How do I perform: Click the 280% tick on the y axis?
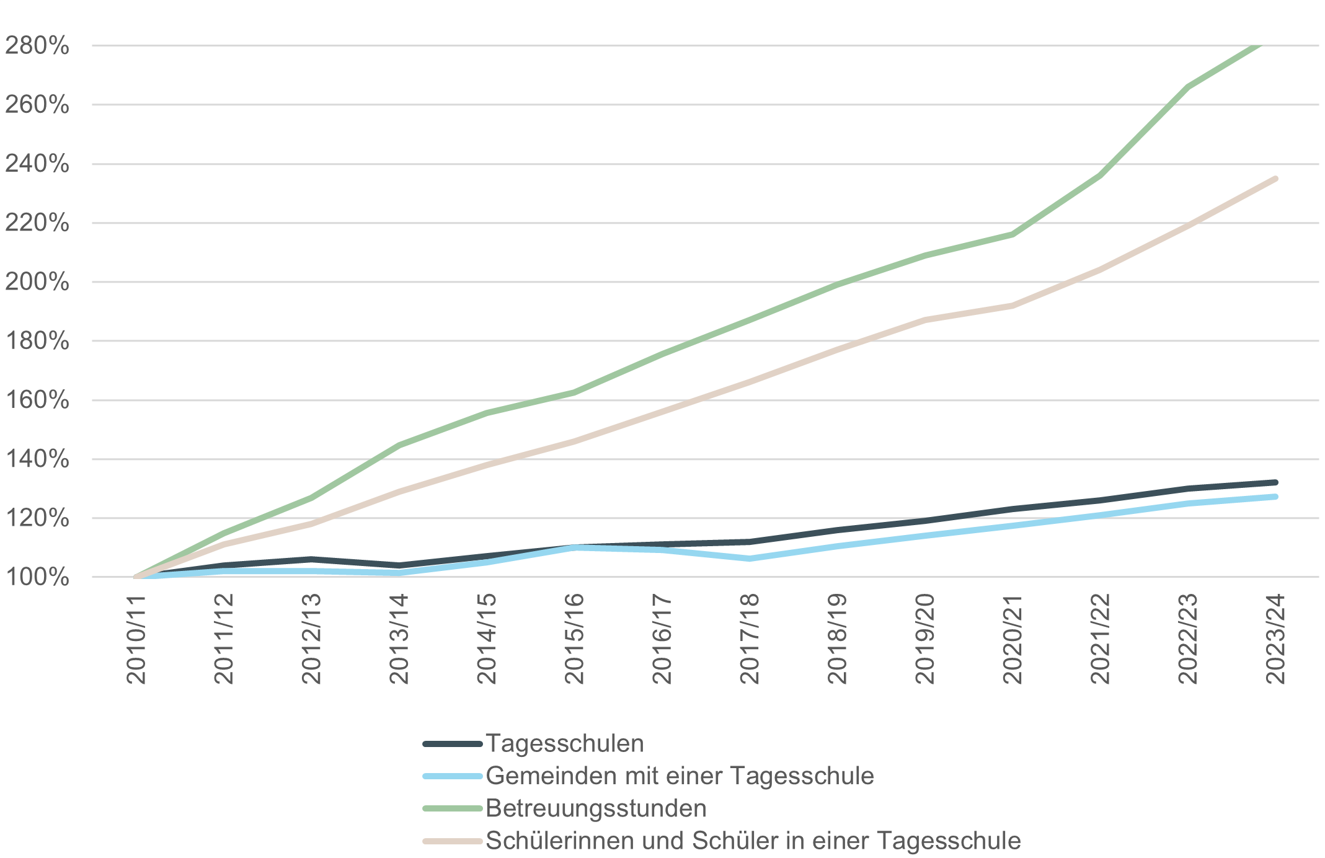[x=37, y=46]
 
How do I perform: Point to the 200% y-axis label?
[x=37, y=282]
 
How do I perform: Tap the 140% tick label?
[x=37, y=459]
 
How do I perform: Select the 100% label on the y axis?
[x=37, y=577]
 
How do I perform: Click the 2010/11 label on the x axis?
[x=136, y=639]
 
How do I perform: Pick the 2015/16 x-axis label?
[x=574, y=639]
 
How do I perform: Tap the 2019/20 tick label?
[x=924, y=639]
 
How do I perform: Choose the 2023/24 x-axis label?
[x=1275, y=639]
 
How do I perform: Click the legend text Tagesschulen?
[x=564, y=743]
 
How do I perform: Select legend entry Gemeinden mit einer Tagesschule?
[x=680, y=776]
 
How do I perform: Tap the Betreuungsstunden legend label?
[x=596, y=808]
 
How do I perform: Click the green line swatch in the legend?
[x=453, y=808]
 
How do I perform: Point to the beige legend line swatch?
[x=453, y=841]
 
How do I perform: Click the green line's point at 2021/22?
[x=1100, y=175]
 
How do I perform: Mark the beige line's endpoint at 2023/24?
[x=1275, y=179]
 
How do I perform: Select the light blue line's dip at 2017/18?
[x=750, y=559]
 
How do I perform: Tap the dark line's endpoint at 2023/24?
[x=1275, y=482]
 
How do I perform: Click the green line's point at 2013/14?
[x=399, y=445]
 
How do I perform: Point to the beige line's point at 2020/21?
[x=1013, y=306]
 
